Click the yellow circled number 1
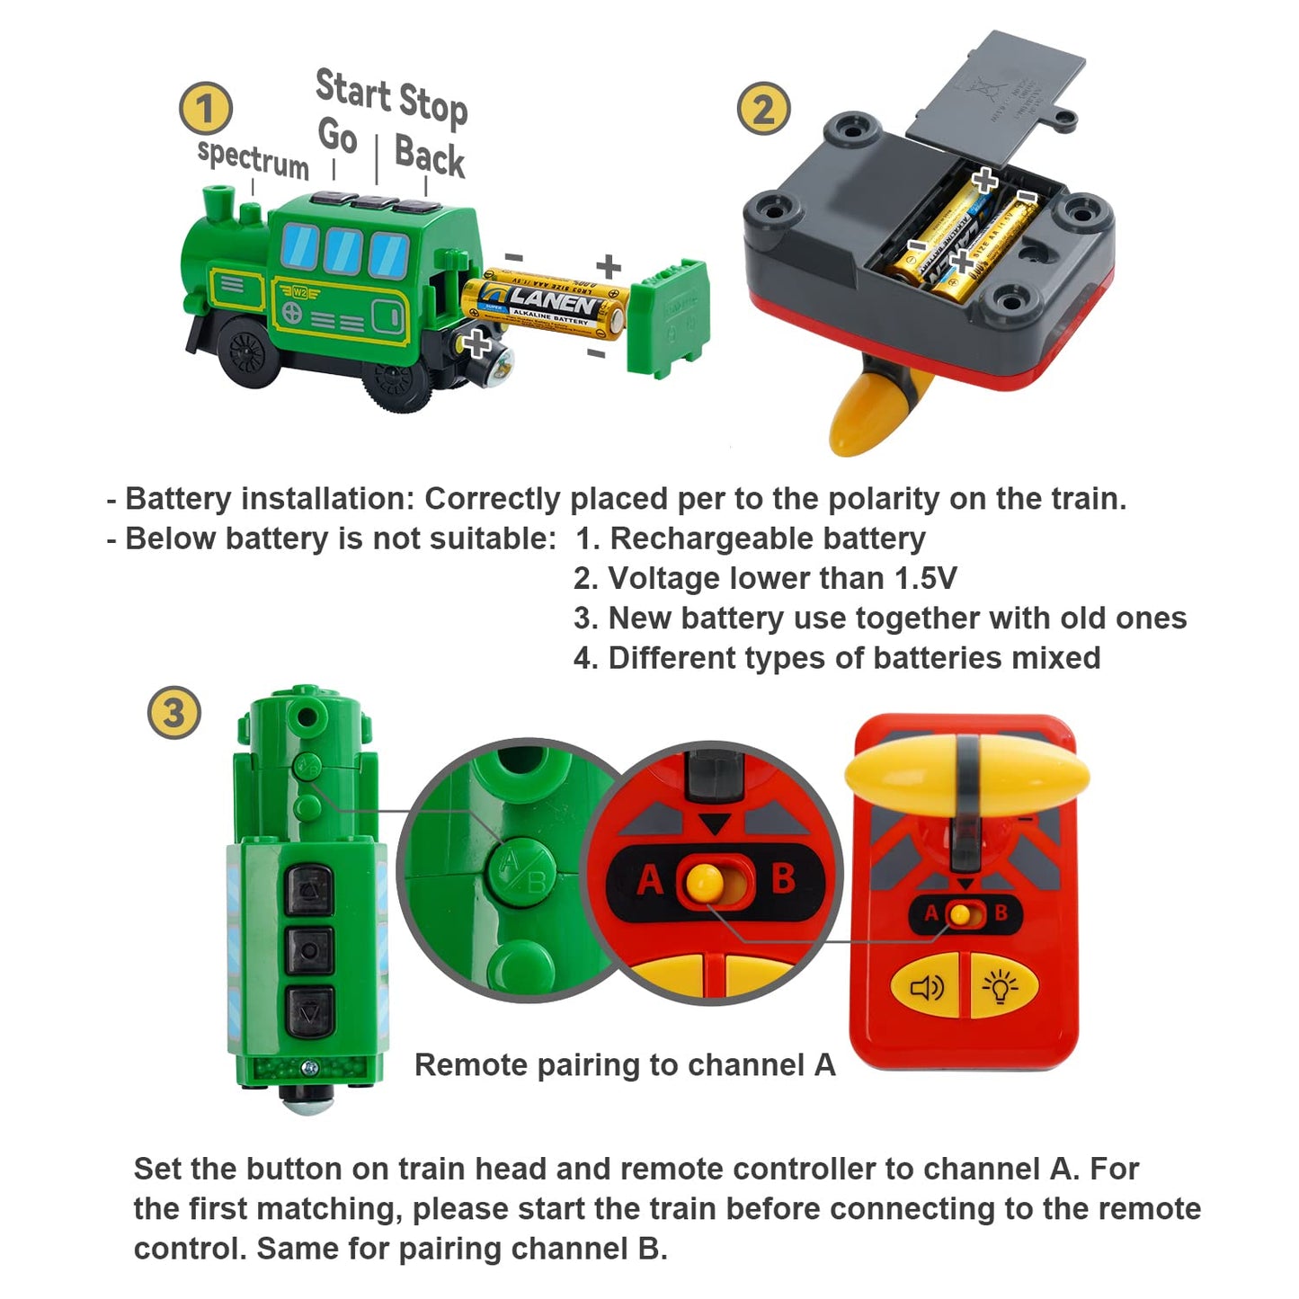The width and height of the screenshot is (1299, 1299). click(x=206, y=109)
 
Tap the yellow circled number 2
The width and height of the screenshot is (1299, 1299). click(x=763, y=109)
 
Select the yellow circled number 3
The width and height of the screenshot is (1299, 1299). click(x=173, y=713)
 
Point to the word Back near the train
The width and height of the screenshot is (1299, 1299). click(x=429, y=156)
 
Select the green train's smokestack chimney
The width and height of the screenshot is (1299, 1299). click(x=218, y=209)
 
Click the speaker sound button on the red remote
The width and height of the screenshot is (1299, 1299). click(x=926, y=988)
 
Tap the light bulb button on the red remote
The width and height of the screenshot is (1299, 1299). click(x=1001, y=987)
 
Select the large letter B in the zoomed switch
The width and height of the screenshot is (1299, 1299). click(x=783, y=878)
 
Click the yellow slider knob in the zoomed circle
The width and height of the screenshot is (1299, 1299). click(x=705, y=881)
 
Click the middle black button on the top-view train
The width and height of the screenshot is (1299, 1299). click(x=309, y=950)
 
